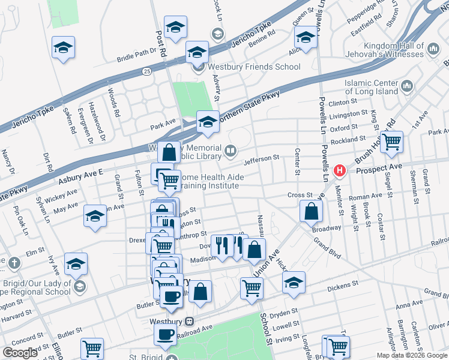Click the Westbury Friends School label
pos(254,67)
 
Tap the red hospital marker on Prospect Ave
pos(340,170)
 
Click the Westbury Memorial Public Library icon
pos(231,149)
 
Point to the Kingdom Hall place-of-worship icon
pos(418,46)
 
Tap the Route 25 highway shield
pos(146,71)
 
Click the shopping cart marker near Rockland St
pos(391,142)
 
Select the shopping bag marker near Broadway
pos(312,211)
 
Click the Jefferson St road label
pos(262,158)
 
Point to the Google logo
pos(20,353)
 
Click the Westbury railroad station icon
pos(188,321)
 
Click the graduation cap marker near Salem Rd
pos(63,47)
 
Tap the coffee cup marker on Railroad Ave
pos(165,335)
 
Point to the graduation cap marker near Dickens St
pos(294,283)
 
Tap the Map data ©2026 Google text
pos(412,355)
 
